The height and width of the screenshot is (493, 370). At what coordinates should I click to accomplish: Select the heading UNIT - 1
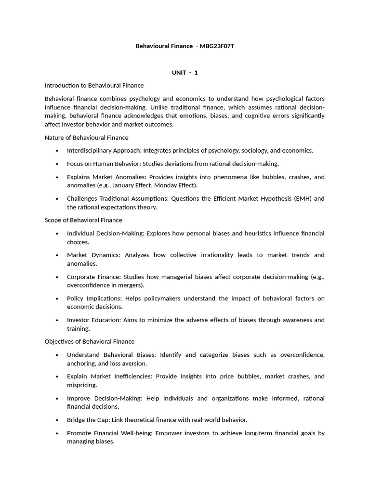click(x=185, y=72)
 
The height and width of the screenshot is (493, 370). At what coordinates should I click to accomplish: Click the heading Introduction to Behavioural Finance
click(x=94, y=85)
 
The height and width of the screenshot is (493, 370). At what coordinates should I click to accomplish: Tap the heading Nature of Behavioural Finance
click(x=87, y=137)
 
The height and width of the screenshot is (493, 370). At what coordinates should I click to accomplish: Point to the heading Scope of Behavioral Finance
click(x=83, y=220)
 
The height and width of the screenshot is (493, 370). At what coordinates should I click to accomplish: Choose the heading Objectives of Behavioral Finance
click(x=90, y=341)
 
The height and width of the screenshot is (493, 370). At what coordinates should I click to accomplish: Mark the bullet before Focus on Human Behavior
click(x=57, y=164)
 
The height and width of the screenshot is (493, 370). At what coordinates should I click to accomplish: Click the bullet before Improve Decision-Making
click(x=57, y=399)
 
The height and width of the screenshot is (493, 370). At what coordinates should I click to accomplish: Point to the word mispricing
click(x=82, y=385)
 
